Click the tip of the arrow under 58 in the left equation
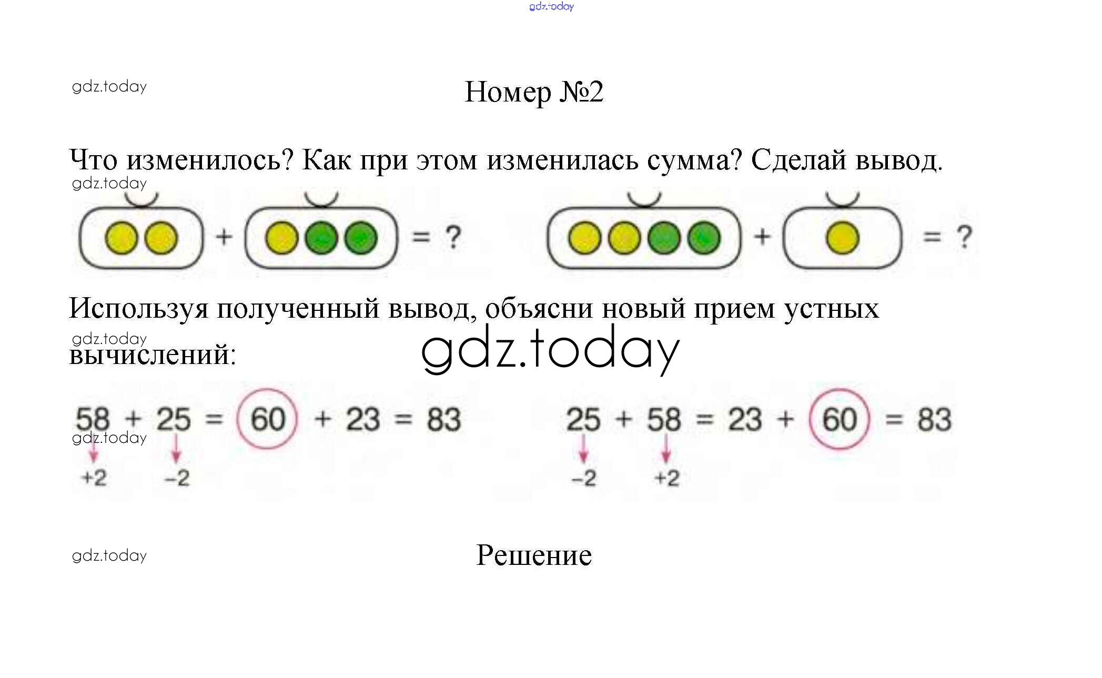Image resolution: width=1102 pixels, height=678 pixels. [94, 463]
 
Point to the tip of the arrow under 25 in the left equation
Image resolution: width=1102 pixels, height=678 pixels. [176, 463]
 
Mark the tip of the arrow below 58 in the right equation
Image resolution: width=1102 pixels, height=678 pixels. [666, 463]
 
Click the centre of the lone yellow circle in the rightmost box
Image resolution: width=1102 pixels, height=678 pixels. [843, 238]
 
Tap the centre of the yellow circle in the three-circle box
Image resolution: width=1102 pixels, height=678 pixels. [282, 238]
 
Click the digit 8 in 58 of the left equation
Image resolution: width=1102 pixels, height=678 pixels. [101, 419]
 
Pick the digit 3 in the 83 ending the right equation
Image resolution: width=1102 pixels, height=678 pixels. [943, 419]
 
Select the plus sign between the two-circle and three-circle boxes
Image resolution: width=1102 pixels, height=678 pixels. [224, 237]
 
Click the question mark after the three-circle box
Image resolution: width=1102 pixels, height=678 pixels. [453, 237]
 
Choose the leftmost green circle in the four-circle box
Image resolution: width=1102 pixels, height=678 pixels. [664, 238]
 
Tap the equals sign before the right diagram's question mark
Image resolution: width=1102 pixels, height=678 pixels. [932, 237]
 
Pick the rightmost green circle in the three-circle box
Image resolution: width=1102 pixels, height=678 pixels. [361, 238]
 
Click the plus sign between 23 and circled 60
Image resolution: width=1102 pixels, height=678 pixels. [785, 419]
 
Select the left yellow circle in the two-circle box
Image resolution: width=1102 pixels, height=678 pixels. [122, 238]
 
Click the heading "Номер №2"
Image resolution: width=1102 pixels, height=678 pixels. [534, 92]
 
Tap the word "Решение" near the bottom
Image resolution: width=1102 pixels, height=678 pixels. [534, 555]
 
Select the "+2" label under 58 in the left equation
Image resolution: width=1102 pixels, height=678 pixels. [94, 478]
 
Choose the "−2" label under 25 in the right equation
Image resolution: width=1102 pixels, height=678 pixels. [584, 478]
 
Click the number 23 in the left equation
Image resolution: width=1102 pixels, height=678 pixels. [363, 419]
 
